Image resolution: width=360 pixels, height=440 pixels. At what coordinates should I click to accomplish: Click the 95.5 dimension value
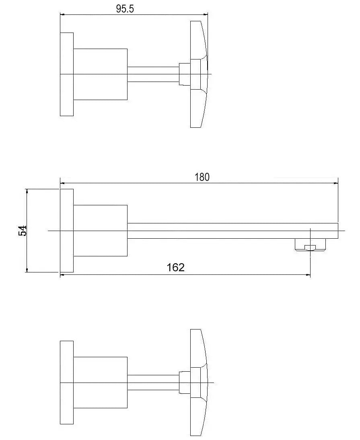tap(125, 9)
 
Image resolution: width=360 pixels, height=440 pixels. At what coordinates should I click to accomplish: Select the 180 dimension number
tap(202, 177)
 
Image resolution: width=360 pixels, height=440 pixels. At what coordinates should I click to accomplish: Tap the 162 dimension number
tap(176, 268)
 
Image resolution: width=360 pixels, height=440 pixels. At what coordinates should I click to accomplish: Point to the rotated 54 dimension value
tap(23, 231)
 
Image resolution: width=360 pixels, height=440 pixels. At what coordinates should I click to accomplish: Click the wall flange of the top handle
tap(67, 74)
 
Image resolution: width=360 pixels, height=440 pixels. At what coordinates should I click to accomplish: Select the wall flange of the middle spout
tap(67, 230)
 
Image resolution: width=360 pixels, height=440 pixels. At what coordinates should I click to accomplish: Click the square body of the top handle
tap(101, 74)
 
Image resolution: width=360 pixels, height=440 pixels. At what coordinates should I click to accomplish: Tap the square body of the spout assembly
tap(101, 230)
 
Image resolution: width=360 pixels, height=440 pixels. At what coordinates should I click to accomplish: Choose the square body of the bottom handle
tap(101, 383)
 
